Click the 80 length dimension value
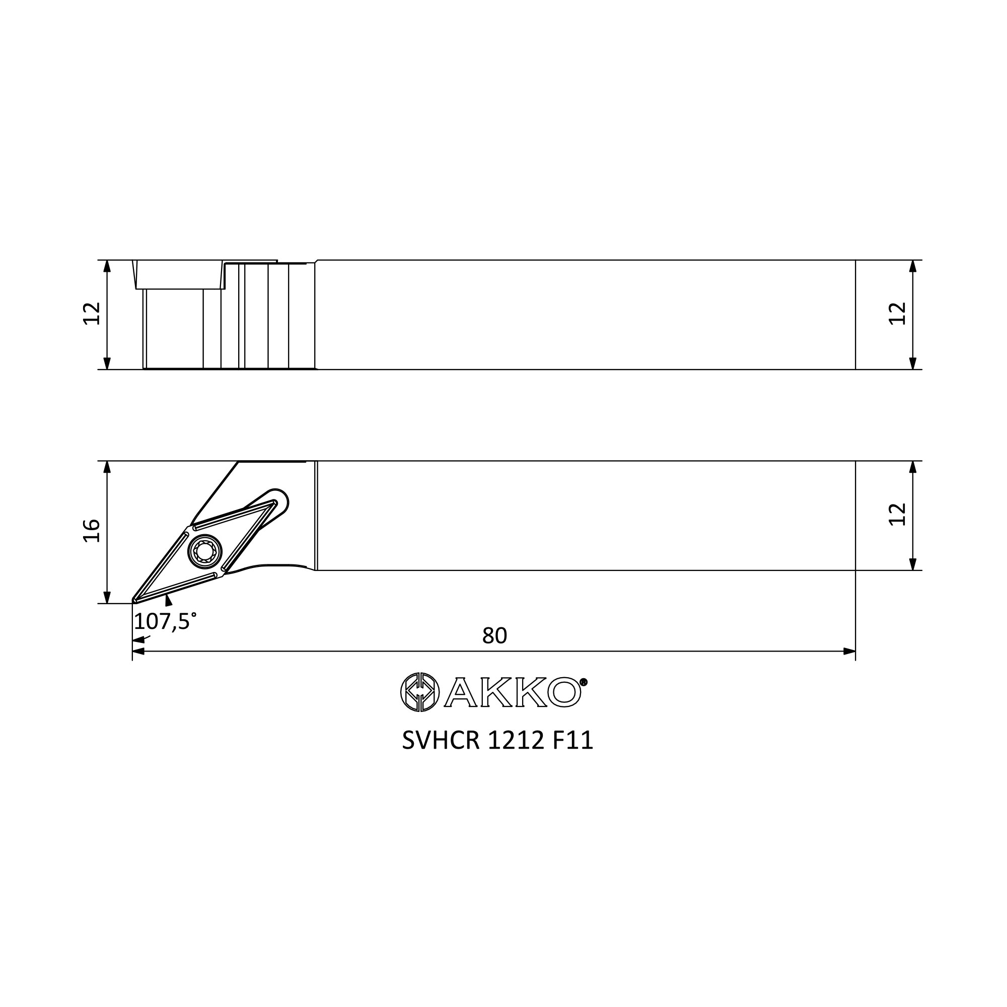(494, 636)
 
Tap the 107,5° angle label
(165, 622)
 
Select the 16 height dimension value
(92, 531)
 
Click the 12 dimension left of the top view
(92, 313)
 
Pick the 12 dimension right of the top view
(898, 313)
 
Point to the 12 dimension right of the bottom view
(898, 514)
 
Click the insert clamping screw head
(204, 551)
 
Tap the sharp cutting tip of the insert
(134, 602)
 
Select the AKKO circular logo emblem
(419, 692)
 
